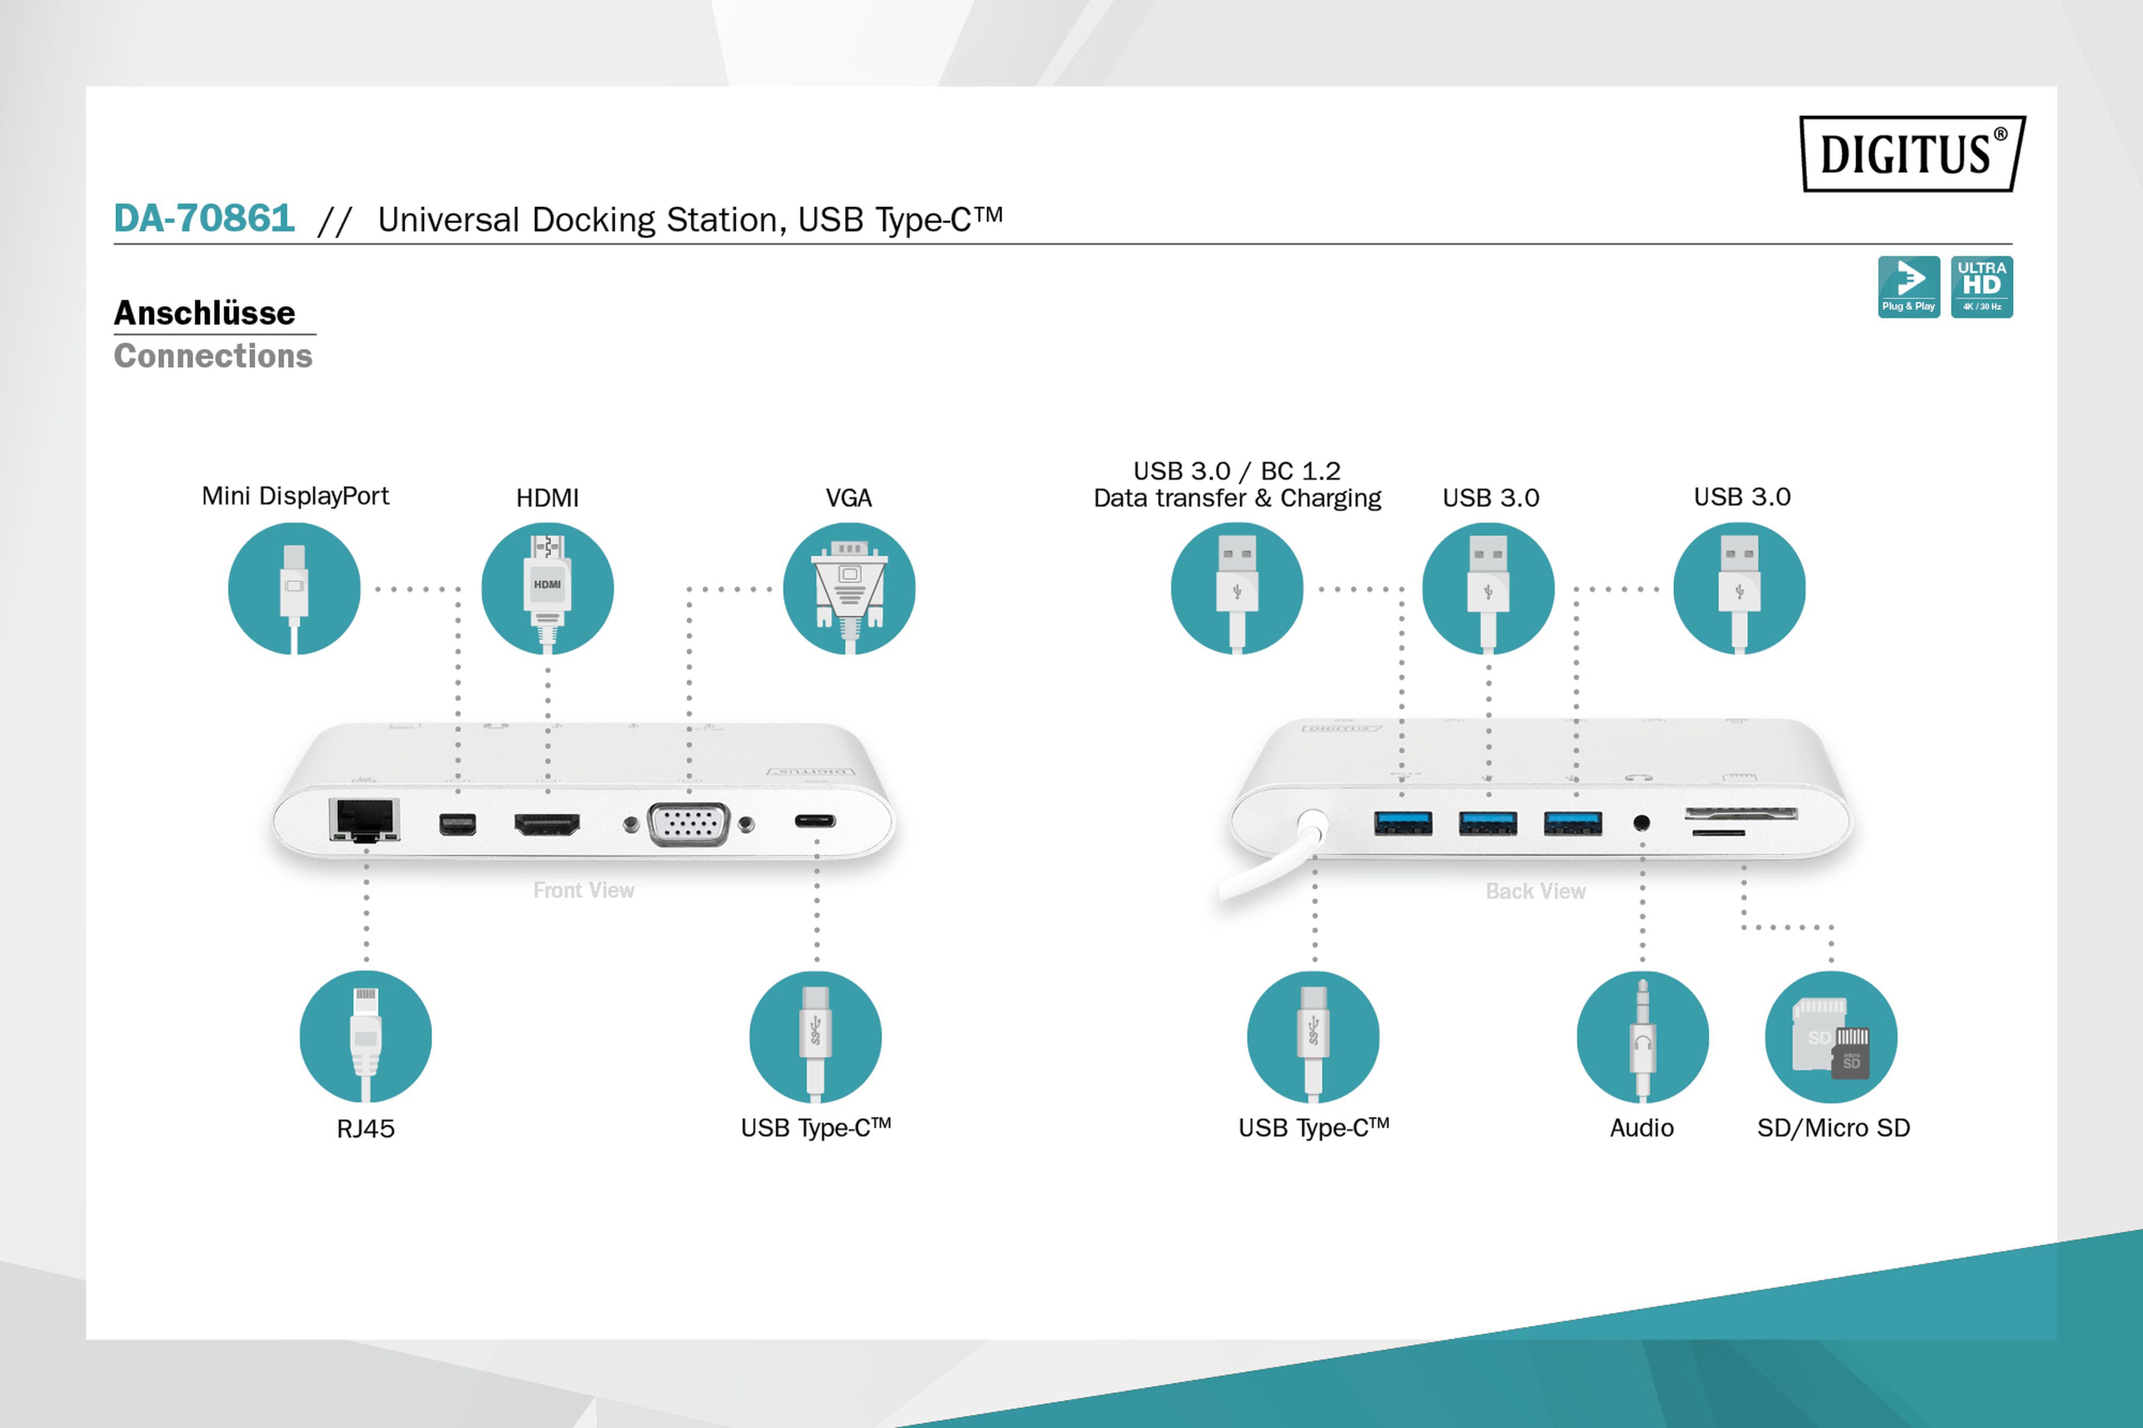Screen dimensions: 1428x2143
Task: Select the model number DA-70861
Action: (x=204, y=219)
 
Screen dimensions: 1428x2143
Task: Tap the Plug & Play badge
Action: (x=1908, y=287)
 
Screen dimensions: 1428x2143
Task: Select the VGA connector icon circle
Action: (x=849, y=588)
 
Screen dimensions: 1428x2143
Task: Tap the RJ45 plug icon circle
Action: (x=365, y=1036)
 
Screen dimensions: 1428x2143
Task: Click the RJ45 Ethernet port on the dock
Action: (x=364, y=820)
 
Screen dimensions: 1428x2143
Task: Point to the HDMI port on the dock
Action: (x=546, y=825)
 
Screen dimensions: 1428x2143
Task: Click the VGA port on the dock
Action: (x=688, y=824)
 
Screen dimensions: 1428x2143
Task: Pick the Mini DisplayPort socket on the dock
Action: (x=457, y=824)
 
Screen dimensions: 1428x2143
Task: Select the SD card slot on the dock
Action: (x=1741, y=813)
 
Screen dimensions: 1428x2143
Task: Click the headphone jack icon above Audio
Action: (x=1642, y=1036)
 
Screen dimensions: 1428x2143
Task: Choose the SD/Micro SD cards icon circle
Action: (x=1831, y=1036)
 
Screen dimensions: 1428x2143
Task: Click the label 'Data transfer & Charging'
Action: (x=1237, y=498)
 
